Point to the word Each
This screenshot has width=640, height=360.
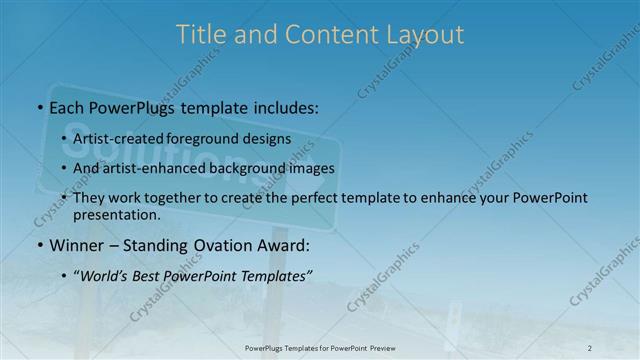coord(67,106)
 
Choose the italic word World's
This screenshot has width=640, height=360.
coord(105,275)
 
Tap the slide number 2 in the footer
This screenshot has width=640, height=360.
coord(590,348)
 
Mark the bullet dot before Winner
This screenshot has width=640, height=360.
coord(39,245)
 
